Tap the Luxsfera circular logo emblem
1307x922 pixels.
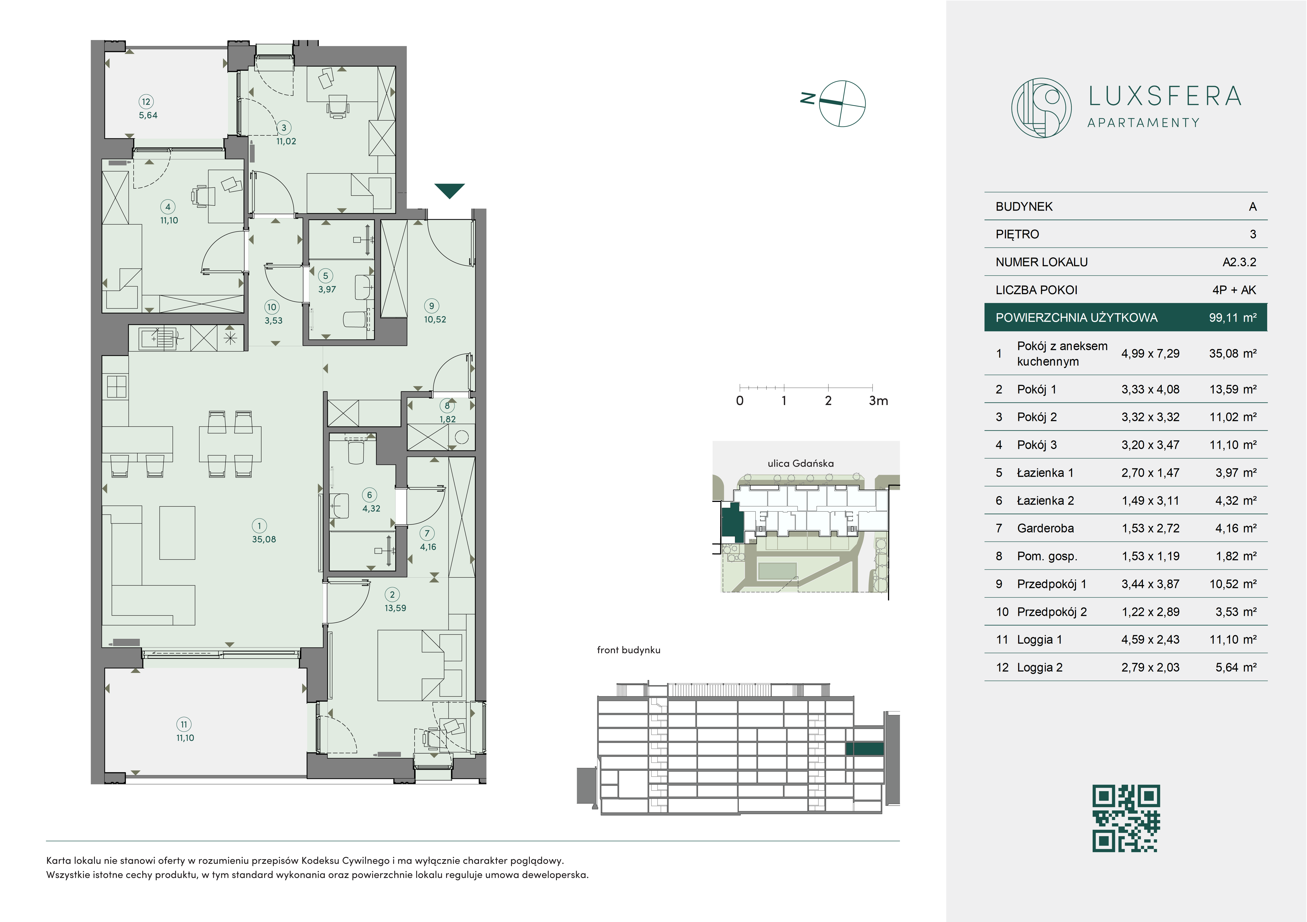[1041, 108]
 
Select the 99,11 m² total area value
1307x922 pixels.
[1232, 318]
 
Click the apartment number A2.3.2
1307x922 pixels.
[1239, 262]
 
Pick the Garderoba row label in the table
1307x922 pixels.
[1045, 528]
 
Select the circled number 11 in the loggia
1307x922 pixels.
[183, 724]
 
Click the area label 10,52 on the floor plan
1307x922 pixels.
[435, 319]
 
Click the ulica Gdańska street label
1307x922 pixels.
[800, 463]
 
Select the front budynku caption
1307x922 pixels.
[629, 650]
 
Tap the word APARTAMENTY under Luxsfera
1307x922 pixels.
[1143, 123]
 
